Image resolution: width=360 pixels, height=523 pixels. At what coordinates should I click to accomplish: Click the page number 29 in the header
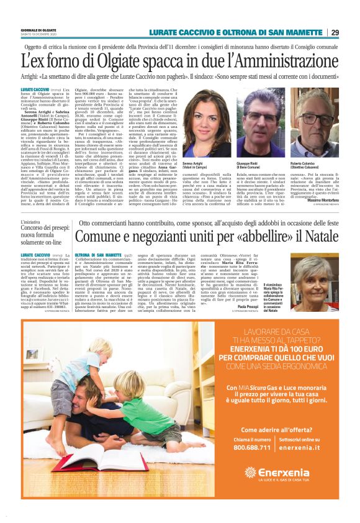click(352, 32)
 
